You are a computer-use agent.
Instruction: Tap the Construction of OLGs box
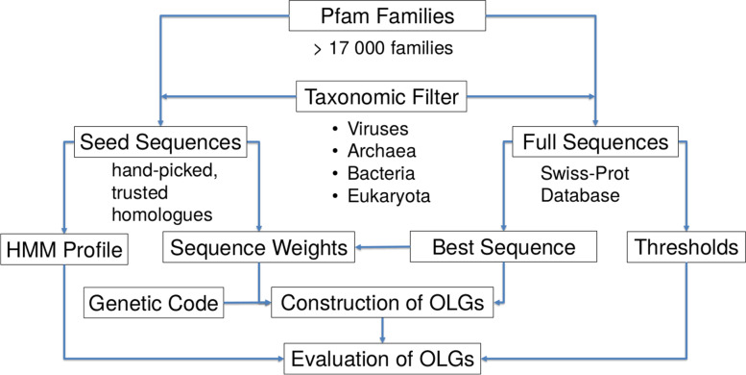pyautogui.click(x=384, y=304)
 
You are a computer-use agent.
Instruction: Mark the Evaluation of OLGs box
pyautogui.click(x=384, y=358)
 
